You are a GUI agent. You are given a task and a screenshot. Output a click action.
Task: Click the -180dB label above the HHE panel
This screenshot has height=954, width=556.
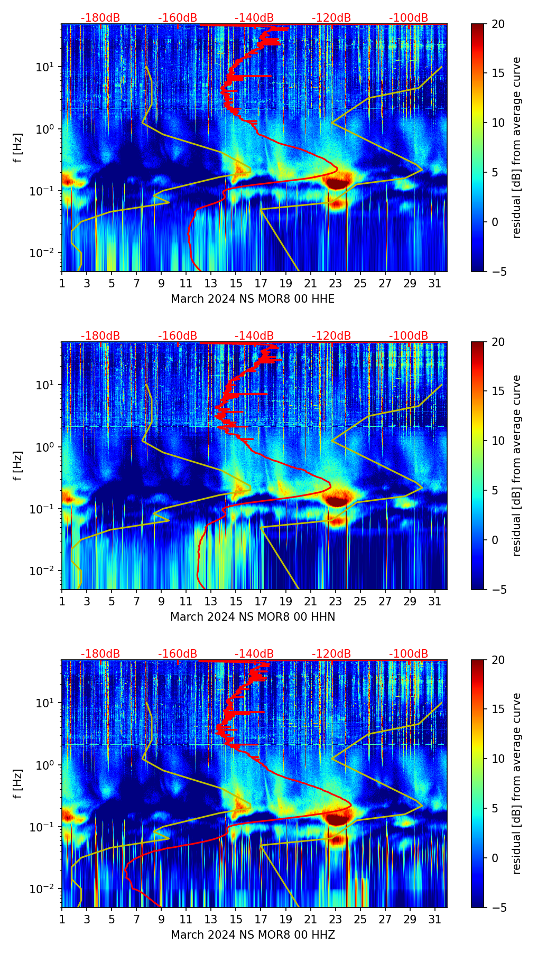tap(100, 18)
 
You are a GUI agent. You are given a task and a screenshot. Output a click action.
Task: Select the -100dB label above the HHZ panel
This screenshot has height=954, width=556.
tap(409, 654)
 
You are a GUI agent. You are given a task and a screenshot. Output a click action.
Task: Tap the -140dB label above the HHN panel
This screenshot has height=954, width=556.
tap(254, 336)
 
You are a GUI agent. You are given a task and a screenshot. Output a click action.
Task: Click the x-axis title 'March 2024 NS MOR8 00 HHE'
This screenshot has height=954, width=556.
tap(252, 299)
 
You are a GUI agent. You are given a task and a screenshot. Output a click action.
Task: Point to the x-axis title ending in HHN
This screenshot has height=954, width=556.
tap(252, 617)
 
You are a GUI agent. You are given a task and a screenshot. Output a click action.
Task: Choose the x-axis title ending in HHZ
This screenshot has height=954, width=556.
tap(252, 935)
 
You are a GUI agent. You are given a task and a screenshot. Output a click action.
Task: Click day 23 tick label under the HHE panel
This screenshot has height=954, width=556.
tap(335, 283)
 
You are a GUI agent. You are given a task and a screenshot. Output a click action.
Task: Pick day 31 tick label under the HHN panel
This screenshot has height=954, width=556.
tap(434, 601)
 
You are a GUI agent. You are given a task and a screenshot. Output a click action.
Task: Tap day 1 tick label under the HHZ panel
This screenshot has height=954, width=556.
tap(62, 919)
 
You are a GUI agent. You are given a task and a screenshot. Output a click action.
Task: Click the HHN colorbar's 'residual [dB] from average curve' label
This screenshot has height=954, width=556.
tap(517, 465)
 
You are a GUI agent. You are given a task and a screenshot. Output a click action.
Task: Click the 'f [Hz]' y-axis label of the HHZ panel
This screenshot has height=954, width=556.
tap(18, 784)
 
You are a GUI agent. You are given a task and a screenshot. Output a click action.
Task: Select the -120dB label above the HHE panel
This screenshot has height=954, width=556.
tap(331, 18)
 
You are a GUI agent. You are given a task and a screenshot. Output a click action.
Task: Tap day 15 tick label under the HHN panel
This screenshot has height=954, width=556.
tap(236, 601)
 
